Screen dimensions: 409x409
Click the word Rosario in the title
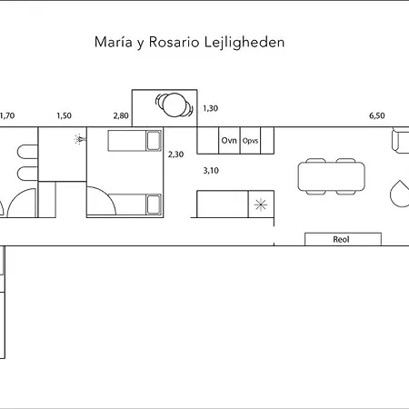pyautogui.click(x=174, y=42)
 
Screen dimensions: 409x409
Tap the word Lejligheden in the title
pyautogui.click(x=244, y=42)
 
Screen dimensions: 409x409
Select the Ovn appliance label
pyautogui.click(x=229, y=141)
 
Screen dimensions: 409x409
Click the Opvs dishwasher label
pyautogui.click(x=250, y=141)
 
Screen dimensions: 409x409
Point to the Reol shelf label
pyautogui.click(x=341, y=239)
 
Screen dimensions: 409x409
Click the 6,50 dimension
pyautogui.click(x=377, y=115)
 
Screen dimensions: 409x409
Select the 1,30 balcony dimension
pyautogui.click(x=210, y=108)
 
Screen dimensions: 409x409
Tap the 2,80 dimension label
pyautogui.click(x=121, y=115)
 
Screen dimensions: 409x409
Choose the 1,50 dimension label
pyautogui.click(x=64, y=115)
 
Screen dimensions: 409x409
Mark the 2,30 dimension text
pyautogui.click(x=175, y=155)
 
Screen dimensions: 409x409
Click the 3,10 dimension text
pyautogui.click(x=211, y=171)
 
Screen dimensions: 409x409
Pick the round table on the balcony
pyautogui.click(x=174, y=105)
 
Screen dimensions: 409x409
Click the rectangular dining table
pyautogui.click(x=332, y=176)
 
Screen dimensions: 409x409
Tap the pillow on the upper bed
pyautogui.click(x=154, y=141)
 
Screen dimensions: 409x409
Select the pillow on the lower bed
pyautogui.click(x=154, y=204)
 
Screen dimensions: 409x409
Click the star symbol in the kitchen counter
pyautogui.click(x=261, y=204)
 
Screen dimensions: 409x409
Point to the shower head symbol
pyautogui.click(x=80, y=139)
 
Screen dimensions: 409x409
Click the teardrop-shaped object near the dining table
pyautogui.click(x=400, y=194)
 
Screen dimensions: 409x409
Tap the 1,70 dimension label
pyautogui.click(x=7, y=115)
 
